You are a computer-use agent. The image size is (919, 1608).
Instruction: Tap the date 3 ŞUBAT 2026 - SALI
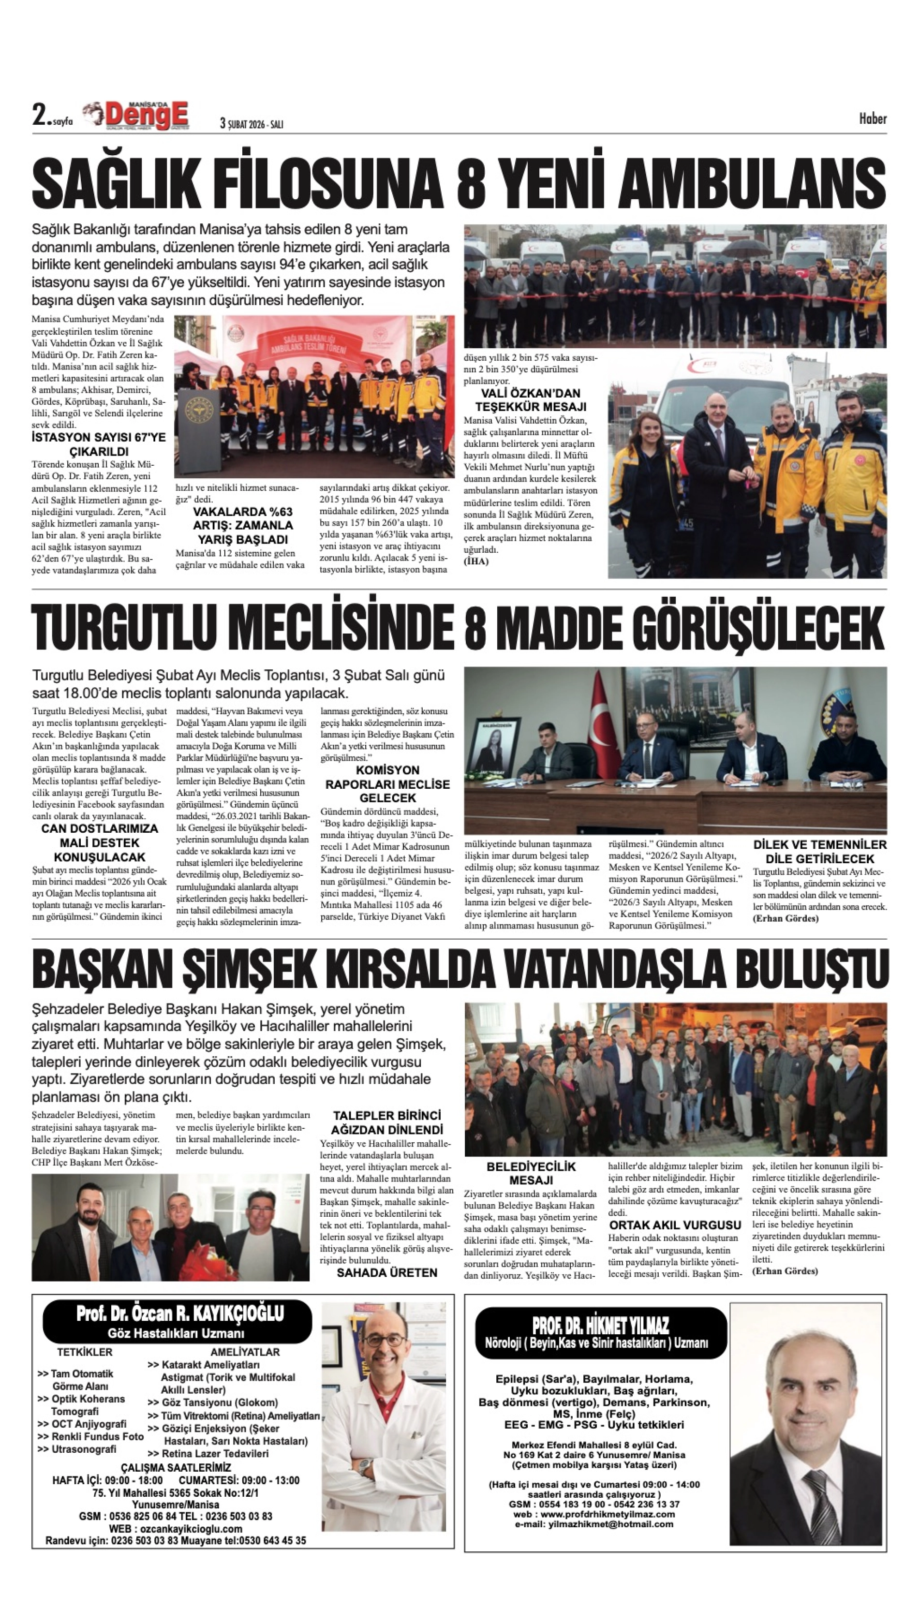pyautogui.click(x=251, y=124)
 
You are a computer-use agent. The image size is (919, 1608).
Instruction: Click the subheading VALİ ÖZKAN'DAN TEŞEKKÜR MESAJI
pyautogui.click(x=531, y=400)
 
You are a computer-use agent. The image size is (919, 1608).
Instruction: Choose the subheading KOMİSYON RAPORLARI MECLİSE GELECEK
pyautogui.click(x=387, y=784)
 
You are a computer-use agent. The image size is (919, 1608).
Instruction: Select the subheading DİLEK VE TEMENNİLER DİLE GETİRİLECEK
pyautogui.click(x=819, y=851)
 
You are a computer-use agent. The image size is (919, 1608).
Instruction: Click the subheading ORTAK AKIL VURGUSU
pyautogui.click(x=675, y=1225)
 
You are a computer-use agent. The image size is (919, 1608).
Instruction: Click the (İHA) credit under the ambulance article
pyautogui.click(x=476, y=561)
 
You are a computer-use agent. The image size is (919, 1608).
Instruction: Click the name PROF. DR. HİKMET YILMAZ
pyautogui.click(x=600, y=1325)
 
